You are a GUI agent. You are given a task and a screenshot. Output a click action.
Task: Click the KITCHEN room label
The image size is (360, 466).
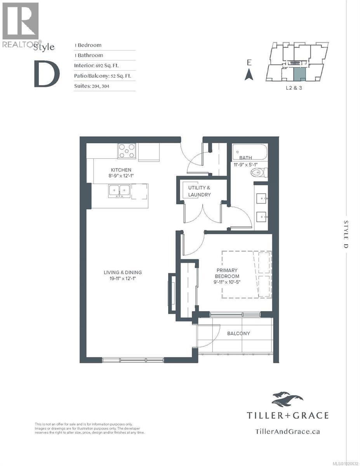pos(121,170)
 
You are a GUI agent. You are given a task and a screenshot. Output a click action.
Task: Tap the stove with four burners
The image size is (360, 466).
pos(127,151)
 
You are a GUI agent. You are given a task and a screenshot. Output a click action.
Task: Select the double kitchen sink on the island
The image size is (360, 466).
pos(119,190)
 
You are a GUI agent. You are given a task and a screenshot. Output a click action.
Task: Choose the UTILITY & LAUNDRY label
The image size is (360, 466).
pos(200,191)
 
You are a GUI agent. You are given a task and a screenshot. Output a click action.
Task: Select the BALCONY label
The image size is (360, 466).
pos(238,333)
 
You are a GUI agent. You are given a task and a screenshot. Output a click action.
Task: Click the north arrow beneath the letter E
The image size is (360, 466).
pos(249,74)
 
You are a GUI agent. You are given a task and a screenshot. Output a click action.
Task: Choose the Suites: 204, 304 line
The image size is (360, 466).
pos(92,86)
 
